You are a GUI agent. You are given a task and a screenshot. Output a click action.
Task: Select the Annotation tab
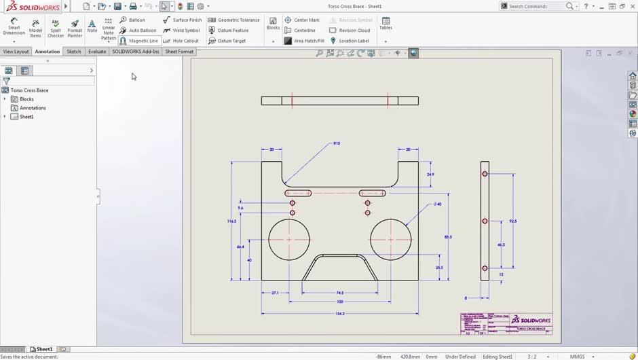coord(48,52)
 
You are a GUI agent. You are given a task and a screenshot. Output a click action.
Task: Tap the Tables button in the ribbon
coord(386,23)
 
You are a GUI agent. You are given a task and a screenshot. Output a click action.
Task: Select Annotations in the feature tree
coord(33,108)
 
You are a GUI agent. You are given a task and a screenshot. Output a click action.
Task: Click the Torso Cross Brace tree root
coord(29,90)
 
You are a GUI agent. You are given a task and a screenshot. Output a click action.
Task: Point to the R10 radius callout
coord(337,143)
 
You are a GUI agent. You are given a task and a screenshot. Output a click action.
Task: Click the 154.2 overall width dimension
coord(340,314)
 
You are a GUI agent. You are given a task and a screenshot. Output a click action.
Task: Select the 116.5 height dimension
coord(231,221)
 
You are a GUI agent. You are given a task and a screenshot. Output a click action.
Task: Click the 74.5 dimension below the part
coord(340,293)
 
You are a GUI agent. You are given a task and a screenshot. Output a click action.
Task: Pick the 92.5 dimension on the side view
coord(513,221)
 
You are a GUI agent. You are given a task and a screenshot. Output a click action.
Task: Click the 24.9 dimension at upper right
coord(430,175)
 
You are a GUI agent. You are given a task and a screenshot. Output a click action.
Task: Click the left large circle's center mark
coord(289,239)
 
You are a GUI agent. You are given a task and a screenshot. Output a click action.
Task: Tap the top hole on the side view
coord(485,174)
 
